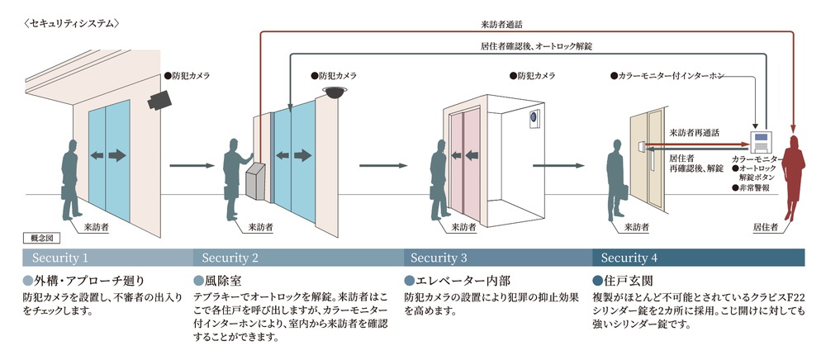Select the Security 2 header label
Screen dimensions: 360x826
tap(230, 258)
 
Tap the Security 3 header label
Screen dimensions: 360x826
tap(439, 258)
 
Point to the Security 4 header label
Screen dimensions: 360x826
tap(629, 258)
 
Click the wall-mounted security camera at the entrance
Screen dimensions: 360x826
tap(159, 99)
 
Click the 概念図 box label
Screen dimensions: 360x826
tap(41, 238)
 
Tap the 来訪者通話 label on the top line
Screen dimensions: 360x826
tap(525, 25)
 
